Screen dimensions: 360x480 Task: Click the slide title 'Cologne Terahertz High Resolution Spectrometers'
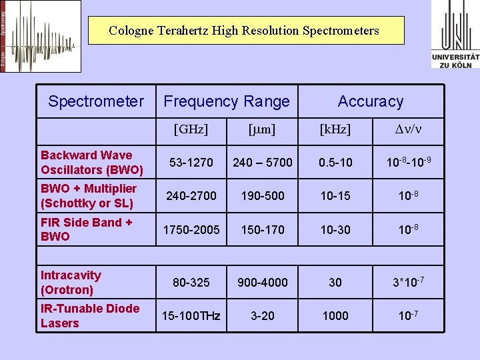coord(244,31)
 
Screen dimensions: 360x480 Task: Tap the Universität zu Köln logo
coord(455,34)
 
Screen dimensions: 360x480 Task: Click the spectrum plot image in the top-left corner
coord(41,36)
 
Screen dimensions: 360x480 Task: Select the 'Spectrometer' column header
coord(96,101)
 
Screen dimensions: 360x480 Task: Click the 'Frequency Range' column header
coord(227,101)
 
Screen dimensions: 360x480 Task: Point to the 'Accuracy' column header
coord(371,101)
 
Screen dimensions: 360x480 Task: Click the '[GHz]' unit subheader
coord(191,129)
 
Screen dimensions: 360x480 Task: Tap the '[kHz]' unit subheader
coord(335,129)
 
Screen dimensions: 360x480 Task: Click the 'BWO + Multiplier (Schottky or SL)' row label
coord(89,196)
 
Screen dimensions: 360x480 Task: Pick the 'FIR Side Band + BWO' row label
coord(87,229)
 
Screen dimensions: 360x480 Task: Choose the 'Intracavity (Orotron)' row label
coord(71,282)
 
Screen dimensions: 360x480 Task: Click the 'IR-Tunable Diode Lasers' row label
coord(90,315)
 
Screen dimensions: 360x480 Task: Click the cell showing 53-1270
coord(191,163)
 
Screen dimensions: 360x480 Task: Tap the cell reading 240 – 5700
coord(262,163)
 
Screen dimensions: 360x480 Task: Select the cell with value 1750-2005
coord(191,229)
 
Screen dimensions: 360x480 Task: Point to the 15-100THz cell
coord(191,315)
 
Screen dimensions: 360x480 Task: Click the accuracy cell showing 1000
coord(335,315)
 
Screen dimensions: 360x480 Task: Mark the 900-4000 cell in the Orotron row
coord(262,282)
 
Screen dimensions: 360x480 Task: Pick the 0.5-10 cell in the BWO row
coord(335,163)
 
